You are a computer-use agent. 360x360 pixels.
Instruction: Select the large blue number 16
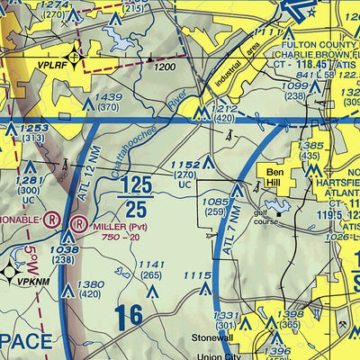(x=128, y=316)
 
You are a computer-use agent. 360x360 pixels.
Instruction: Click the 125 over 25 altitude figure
(x=135, y=196)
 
